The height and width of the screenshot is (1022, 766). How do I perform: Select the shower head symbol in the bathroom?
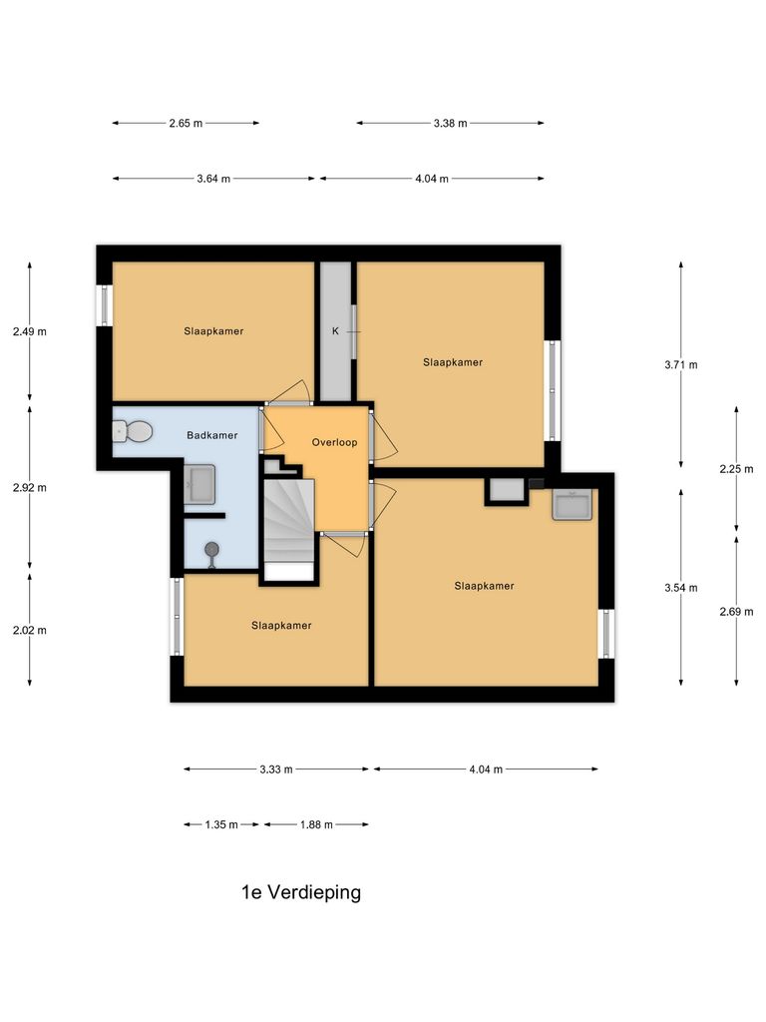pos(211,551)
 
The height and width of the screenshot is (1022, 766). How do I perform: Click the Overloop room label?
pos(334,441)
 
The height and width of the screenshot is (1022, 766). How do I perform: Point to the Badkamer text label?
pos(212,435)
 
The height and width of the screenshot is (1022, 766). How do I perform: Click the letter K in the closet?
pos(335,331)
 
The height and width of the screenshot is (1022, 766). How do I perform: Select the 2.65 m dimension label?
pos(186,123)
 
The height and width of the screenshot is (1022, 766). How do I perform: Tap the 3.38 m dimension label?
pos(450,123)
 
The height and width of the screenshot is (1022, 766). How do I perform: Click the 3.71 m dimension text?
pos(680,364)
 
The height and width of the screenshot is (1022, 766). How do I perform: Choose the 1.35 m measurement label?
pos(221,824)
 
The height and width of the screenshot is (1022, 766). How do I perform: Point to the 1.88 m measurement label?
pos(315,824)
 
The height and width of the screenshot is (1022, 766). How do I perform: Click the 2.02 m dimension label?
pos(29,630)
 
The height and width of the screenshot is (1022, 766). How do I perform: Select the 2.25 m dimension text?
pos(736,468)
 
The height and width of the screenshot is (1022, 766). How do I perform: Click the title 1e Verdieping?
pos(301,892)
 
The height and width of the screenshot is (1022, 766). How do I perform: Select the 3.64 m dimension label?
pos(213,179)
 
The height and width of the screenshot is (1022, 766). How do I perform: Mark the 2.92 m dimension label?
pos(29,488)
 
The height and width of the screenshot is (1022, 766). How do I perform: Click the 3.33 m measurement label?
pos(275,769)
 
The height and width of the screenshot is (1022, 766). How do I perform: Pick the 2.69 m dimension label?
pos(736,610)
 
